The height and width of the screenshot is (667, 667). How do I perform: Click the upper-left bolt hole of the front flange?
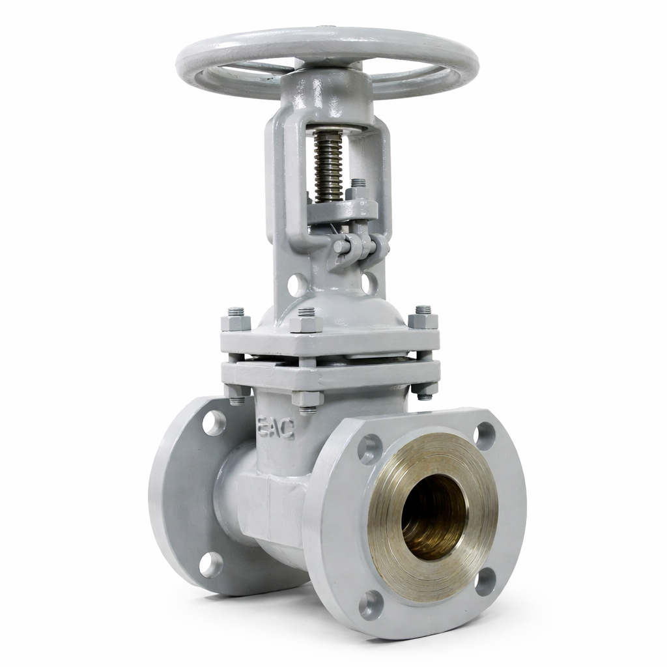(x=370, y=448)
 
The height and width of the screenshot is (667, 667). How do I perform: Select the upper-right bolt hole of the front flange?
(x=485, y=436)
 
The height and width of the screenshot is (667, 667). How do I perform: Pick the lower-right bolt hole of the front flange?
(x=485, y=583)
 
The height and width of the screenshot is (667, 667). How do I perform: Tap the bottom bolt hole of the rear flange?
(x=212, y=564)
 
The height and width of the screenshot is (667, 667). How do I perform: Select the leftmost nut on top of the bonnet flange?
(x=236, y=322)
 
